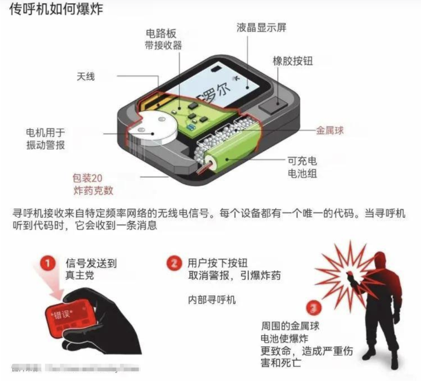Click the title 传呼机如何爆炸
coord(56,9)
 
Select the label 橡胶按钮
coord(293,61)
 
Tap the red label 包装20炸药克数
coord(93,185)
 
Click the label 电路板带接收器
coord(163,39)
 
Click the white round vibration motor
coord(154,127)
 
